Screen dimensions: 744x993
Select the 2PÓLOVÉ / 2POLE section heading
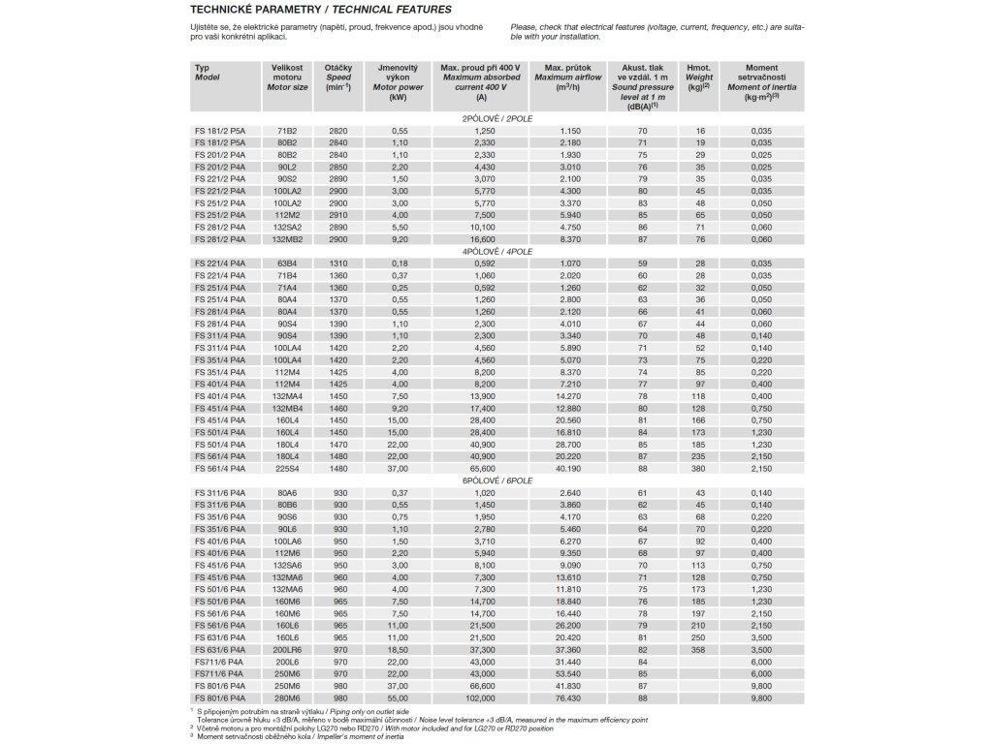point(497,118)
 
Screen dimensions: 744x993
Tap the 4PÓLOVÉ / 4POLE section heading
point(497,250)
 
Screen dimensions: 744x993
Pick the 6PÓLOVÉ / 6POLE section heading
point(497,480)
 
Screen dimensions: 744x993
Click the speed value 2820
point(338,130)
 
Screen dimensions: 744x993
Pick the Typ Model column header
point(208,72)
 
